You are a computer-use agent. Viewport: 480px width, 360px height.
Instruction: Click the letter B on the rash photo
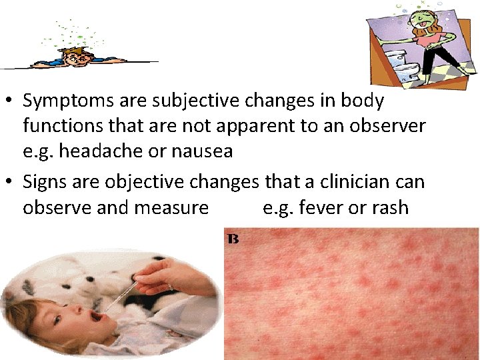pos(233,238)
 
